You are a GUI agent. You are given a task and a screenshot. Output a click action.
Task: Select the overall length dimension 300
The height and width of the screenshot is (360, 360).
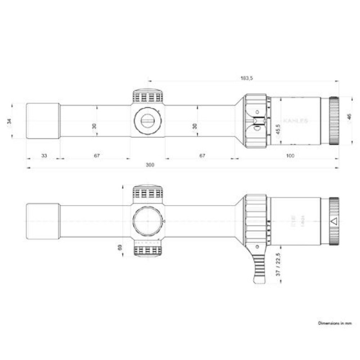150,165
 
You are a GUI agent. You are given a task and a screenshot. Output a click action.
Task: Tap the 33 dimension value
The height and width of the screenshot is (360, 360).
44,156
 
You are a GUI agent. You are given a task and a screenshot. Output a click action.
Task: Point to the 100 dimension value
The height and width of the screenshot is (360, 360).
291,156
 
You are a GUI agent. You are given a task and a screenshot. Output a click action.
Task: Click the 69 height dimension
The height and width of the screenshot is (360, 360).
120,248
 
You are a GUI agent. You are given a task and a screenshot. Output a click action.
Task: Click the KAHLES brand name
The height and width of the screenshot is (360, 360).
296,121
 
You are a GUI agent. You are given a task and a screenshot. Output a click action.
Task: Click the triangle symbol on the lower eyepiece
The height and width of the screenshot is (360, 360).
334,221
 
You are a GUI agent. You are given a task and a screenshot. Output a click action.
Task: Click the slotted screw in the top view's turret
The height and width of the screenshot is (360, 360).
148,121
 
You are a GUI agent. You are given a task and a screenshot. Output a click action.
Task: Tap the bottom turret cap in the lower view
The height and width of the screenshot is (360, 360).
148,249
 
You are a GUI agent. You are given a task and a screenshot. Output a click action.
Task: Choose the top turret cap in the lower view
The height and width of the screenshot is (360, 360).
148,193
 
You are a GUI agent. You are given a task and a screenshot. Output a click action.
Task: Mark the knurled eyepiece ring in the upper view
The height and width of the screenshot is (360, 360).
334,121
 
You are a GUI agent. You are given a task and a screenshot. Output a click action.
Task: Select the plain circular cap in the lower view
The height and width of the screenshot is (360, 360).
148,221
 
